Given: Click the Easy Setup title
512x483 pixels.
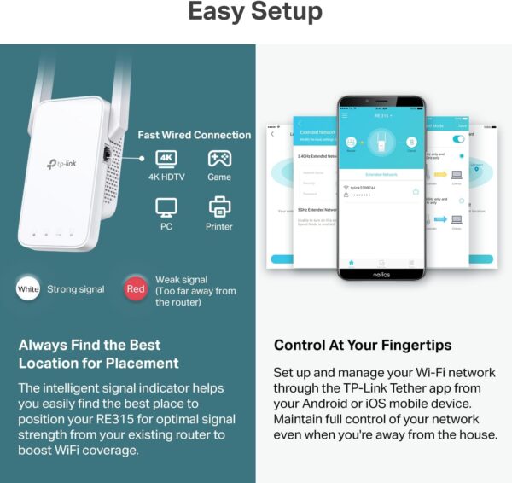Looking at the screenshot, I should pyautogui.click(x=255, y=12).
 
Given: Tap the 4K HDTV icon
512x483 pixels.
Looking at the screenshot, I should pyautogui.click(x=166, y=159).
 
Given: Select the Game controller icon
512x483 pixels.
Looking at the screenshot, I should pyautogui.click(x=218, y=159).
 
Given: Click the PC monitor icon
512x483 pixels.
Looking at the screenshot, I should pyautogui.click(x=166, y=206).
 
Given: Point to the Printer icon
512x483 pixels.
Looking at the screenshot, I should pyautogui.click(x=218, y=206).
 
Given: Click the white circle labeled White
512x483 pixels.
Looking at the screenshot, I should pyautogui.click(x=27, y=289).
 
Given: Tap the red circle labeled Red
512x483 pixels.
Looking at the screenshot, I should pyautogui.click(x=135, y=289).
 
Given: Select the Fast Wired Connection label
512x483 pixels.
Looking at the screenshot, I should pyautogui.click(x=195, y=135).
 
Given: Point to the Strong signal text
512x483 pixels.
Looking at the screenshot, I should pyautogui.click(x=76, y=289).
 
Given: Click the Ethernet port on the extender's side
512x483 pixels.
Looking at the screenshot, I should pyautogui.click(x=106, y=155).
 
